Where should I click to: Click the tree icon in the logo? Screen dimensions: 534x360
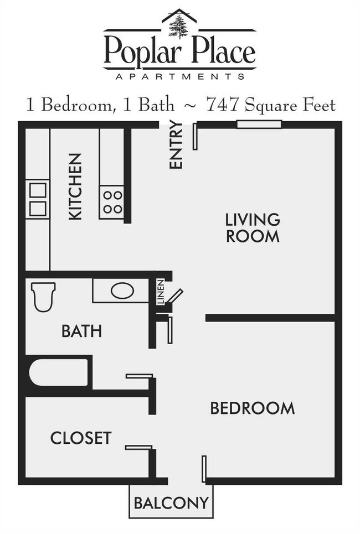click(179, 27)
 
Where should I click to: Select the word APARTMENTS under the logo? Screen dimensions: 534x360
click(180, 76)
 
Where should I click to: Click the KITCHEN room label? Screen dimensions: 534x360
click(75, 186)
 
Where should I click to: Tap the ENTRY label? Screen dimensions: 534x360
click(176, 144)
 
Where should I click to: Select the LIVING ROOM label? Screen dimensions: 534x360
click(252, 227)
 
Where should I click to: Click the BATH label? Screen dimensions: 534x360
click(81, 331)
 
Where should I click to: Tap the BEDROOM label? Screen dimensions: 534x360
click(252, 408)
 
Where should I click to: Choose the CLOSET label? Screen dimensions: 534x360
click(81, 438)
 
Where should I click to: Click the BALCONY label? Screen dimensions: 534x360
click(171, 503)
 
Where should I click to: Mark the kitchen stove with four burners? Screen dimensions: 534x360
click(112, 202)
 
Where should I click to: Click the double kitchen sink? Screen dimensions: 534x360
click(38, 199)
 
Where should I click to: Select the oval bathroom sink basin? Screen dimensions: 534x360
click(122, 291)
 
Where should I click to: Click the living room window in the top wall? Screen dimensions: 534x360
click(259, 125)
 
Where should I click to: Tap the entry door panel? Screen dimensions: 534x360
click(195, 137)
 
